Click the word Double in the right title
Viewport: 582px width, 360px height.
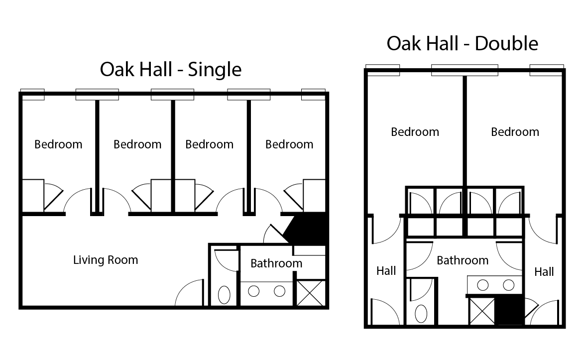pyautogui.click(x=506, y=43)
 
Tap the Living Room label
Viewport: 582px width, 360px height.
pyautogui.click(x=106, y=259)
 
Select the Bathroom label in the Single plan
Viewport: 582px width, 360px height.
pyautogui.click(x=276, y=263)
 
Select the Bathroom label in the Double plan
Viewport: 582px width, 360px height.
pyautogui.click(x=463, y=260)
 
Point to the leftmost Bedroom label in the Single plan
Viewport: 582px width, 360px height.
pyautogui.click(x=58, y=144)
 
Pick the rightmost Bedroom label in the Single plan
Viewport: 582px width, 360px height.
pyautogui.click(x=289, y=144)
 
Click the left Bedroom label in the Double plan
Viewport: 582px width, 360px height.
pyautogui.click(x=415, y=132)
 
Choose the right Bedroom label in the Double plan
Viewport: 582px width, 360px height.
pyautogui.click(x=515, y=132)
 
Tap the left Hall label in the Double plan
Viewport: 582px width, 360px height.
pyautogui.click(x=386, y=270)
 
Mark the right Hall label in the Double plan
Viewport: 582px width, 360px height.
pyautogui.click(x=544, y=272)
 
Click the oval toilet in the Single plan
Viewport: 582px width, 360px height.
pyautogui.click(x=225, y=294)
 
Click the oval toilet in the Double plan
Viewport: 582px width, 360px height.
pyautogui.click(x=421, y=314)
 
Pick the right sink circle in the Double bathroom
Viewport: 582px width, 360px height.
pyautogui.click(x=508, y=285)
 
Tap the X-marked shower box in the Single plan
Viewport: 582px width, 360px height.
pyautogui.click(x=311, y=293)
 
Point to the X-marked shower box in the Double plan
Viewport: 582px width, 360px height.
pyautogui.click(x=481, y=311)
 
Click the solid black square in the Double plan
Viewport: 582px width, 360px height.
pyautogui.click(x=509, y=311)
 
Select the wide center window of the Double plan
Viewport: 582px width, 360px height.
pyautogui.click(x=464, y=70)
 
